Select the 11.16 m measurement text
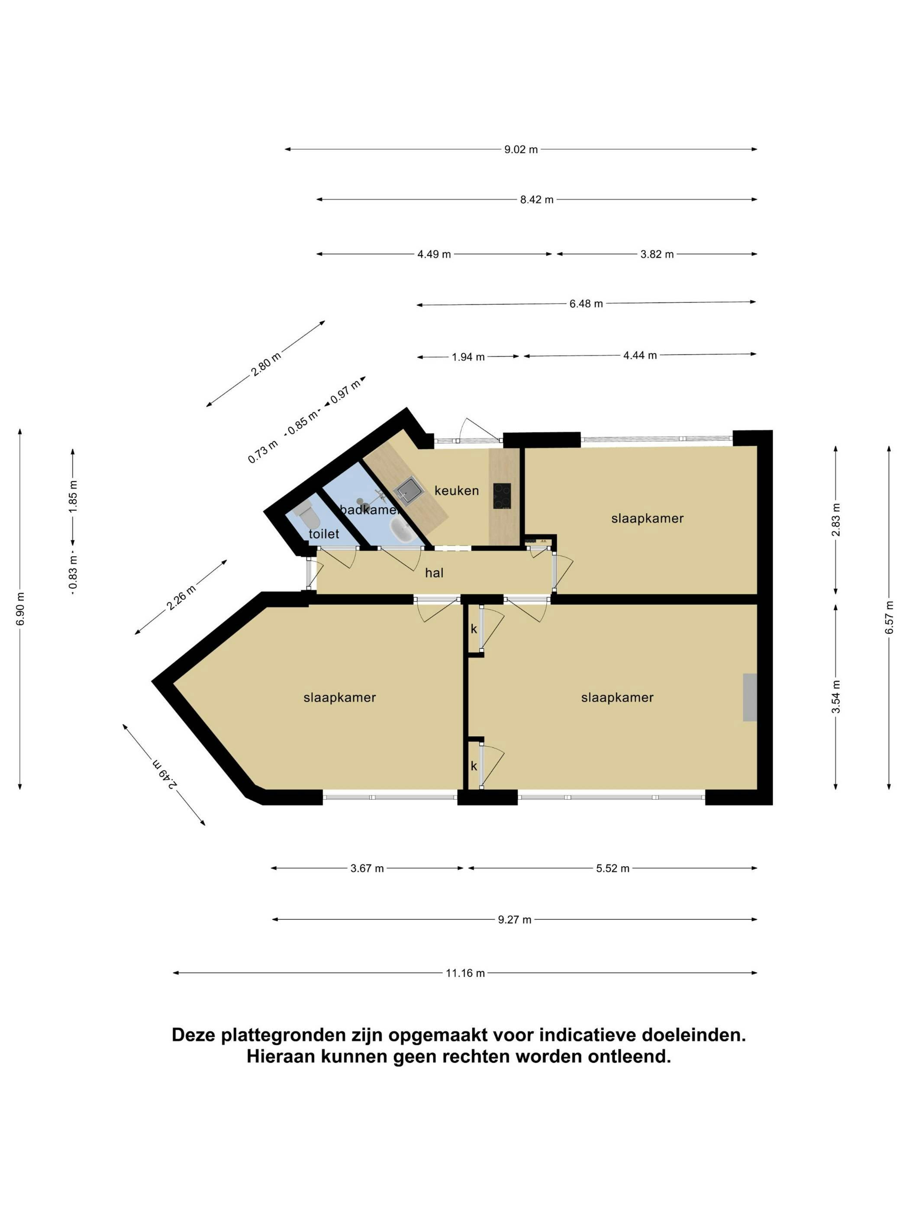click(465, 973)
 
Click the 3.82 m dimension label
click(657, 254)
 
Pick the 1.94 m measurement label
click(468, 357)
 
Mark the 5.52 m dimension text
click(612, 868)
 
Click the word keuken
click(456, 490)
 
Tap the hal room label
click(434, 573)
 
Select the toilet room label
click(324, 534)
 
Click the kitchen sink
click(407, 489)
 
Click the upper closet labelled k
click(474, 629)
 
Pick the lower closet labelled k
click(474, 765)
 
